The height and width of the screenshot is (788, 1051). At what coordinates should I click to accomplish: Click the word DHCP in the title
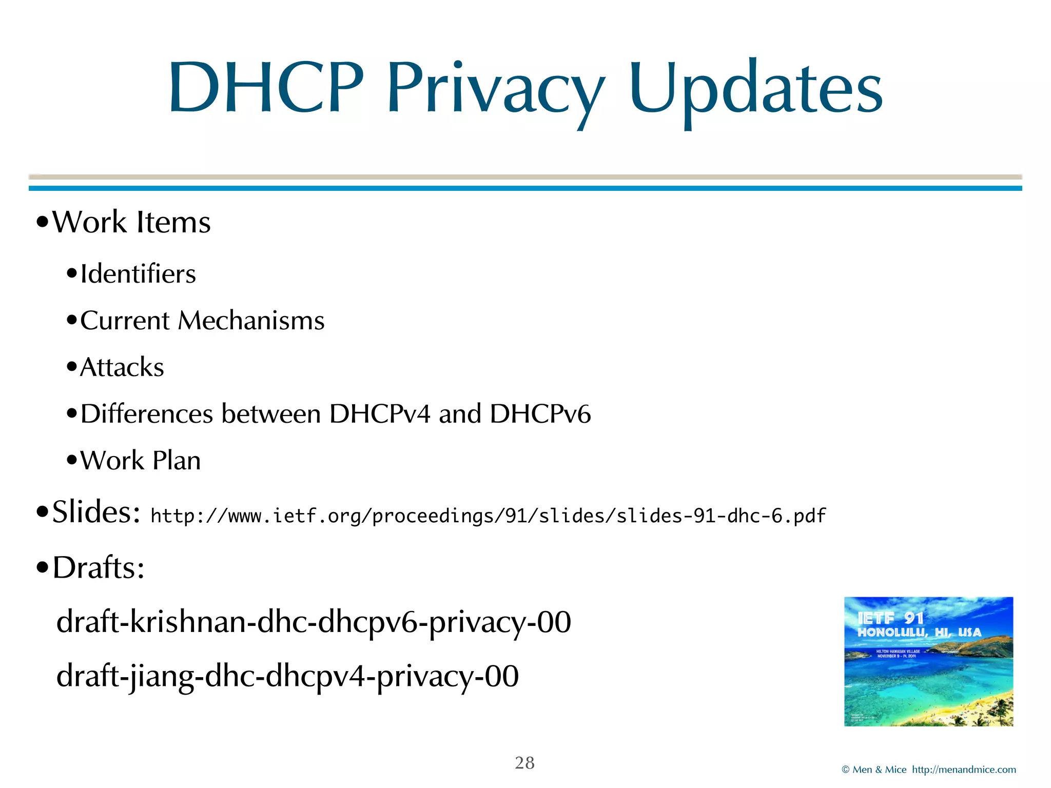coord(266,88)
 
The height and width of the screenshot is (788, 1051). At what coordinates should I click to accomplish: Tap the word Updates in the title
coord(755,90)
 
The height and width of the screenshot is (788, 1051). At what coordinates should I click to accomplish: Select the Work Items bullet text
coord(131,222)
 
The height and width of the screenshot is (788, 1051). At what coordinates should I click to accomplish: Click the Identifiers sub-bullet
coord(138,274)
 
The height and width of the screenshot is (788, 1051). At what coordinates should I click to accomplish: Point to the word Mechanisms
coord(251,321)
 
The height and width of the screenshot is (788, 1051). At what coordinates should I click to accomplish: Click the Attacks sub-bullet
coord(122,367)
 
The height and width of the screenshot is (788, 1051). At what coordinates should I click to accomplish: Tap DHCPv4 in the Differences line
coord(379,414)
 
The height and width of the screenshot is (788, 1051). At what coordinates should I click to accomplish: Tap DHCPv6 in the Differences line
coord(540,414)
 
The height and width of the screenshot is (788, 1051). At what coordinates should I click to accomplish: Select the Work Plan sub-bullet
coord(140,460)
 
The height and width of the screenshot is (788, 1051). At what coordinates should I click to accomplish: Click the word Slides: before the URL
coord(96,512)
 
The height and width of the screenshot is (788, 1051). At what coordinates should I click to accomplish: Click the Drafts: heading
coord(99,568)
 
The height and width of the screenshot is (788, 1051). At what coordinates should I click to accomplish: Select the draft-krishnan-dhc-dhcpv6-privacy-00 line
coord(313,622)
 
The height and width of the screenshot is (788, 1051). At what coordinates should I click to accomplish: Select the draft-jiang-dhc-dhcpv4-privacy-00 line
coord(287,676)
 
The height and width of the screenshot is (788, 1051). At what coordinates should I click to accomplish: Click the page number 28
coord(524,763)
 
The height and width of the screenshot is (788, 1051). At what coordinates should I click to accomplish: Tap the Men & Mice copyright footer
coord(928,770)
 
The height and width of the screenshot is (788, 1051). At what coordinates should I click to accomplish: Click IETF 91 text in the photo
coord(890,619)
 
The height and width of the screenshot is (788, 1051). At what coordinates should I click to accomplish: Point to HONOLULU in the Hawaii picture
coord(892,633)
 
